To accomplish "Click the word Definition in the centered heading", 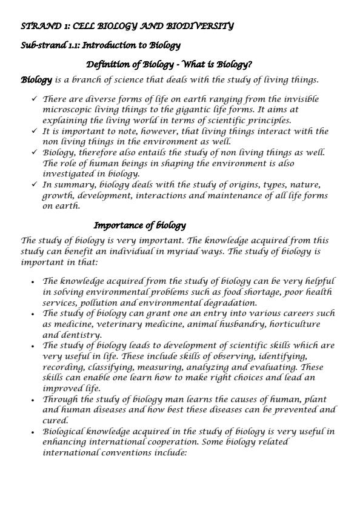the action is tap(108, 64).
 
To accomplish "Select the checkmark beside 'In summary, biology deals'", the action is tap(34, 185).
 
